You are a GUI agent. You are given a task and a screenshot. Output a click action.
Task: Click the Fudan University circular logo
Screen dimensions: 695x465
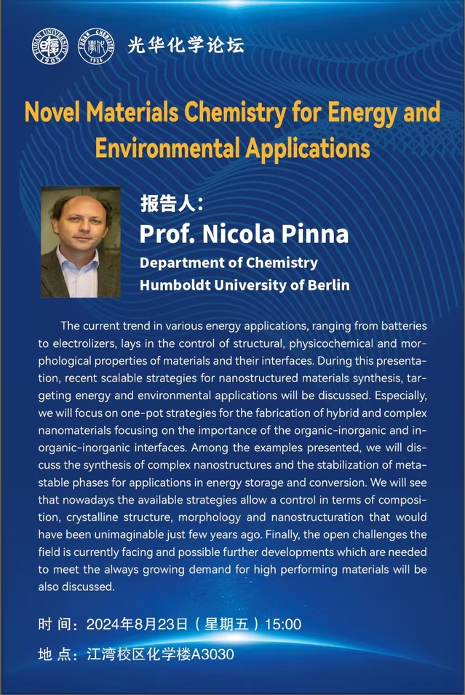pyautogui.click(x=49, y=45)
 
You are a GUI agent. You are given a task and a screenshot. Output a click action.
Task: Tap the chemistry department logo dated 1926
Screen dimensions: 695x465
pyautogui.click(x=96, y=45)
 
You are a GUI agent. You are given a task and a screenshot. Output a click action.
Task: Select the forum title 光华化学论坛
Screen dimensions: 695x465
pyautogui.click(x=186, y=45)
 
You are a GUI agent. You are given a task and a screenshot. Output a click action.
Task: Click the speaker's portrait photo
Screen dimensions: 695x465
pyautogui.click(x=80, y=242)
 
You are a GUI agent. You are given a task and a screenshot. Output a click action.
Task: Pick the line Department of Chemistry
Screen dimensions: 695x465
pyautogui.click(x=228, y=263)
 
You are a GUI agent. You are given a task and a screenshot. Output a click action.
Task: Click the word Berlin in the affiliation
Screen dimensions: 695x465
pyautogui.click(x=327, y=285)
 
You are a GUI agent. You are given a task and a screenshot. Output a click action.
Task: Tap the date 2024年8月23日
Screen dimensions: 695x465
pyautogui.click(x=137, y=624)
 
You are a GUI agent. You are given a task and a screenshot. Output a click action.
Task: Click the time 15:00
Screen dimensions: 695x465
pyautogui.click(x=284, y=624)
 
